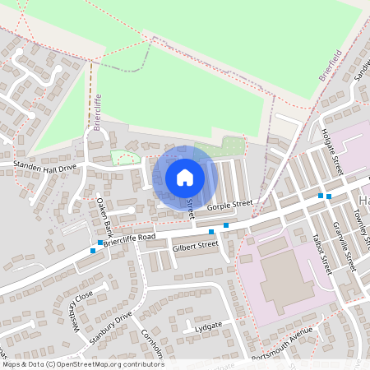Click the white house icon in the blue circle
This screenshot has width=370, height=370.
184,177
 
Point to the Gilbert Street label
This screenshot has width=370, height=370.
197,245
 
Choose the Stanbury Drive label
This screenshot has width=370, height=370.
113,326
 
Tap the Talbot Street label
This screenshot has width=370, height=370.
321,254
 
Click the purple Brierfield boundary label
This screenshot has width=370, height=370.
329,63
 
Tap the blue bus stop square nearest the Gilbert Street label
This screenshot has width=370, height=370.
211,233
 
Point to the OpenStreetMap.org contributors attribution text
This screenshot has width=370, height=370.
110,364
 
